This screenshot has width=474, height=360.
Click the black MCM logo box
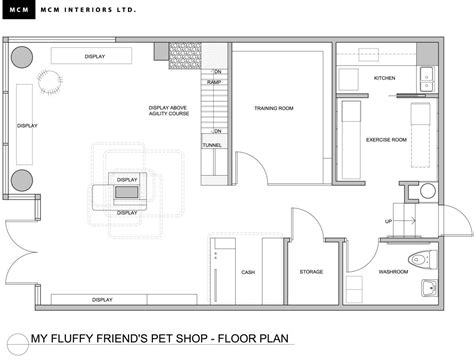[x=19, y=9]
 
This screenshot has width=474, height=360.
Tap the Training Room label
[x=274, y=108]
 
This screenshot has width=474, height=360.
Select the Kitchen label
[x=384, y=78]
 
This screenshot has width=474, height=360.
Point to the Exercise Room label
[x=386, y=140]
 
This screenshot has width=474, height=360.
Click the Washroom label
[x=393, y=272]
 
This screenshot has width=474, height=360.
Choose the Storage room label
[x=311, y=272]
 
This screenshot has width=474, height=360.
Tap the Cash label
[x=248, y=272]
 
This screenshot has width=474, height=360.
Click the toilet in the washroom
[x=422, y=259]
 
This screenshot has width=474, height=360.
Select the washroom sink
[x=429, y=288]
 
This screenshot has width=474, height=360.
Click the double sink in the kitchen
[x=426, y=79]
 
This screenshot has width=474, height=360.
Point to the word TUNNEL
[x=212, y=145]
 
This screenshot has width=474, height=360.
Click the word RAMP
[x=214, y=82]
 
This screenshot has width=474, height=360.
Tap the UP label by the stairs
[x=388, y=221]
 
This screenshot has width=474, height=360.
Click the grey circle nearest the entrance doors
[x=22, y=180]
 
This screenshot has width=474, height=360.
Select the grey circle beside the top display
[x=22, y=57]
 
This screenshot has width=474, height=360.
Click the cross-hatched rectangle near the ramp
[x=185, y=56]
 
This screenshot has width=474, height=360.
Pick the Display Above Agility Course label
[x=169, y=111]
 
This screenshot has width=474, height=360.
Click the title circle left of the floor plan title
[x=18, y=344]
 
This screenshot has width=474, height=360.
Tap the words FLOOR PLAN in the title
[x=253, y=339]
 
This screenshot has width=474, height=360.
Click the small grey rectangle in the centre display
[x=126, y=192]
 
